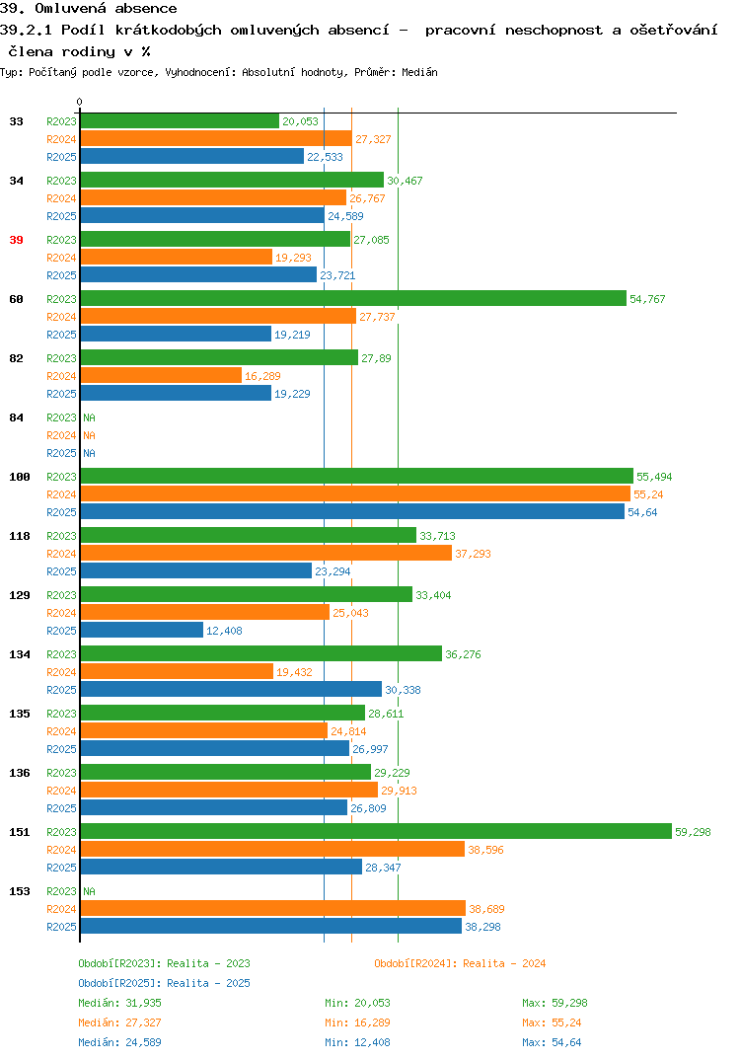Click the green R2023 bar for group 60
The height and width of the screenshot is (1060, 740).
tap(353, 298)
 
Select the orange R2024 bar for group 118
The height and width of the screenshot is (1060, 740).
tap(266, 553)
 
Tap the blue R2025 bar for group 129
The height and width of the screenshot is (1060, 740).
tap(142, 630)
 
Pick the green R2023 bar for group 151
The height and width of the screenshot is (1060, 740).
tap(377, 831)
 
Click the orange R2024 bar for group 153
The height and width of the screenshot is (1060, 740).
tap(273, 909)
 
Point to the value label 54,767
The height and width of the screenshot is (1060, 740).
tap(647, 299)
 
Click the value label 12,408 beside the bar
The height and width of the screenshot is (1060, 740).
tap(224, 631)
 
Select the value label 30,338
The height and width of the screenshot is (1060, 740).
tap(403, 690)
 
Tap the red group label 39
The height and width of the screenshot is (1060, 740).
tap(16, 240)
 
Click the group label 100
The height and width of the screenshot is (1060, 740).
tap(20, 477)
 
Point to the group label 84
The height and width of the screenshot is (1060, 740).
tap(16, 417)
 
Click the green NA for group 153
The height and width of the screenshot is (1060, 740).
tap(89, 891)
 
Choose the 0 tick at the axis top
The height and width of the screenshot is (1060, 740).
tap(79, 102)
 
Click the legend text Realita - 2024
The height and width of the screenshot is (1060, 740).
tap(504, 963)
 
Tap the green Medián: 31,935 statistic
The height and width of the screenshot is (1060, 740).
tap(119, 1003)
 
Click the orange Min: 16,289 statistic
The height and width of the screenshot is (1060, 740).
tap(357, 1022)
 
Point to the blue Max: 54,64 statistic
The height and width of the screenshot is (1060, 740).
tap(552, 1042)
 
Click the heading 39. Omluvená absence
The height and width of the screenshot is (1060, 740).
tap(89, 8)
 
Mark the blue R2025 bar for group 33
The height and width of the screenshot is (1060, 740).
tap(192, 156)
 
